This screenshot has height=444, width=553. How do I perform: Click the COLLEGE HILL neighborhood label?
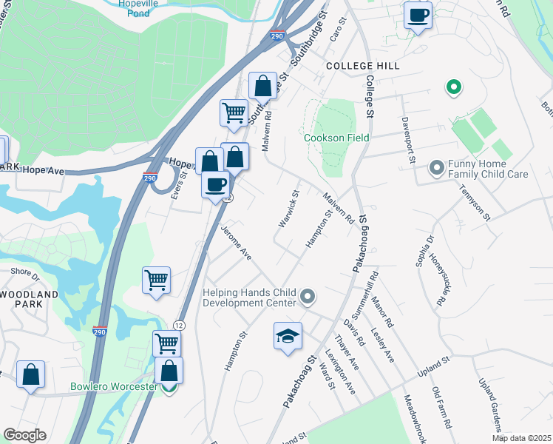pyautogui.click(x=363, y=66)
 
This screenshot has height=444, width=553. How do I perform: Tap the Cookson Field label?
pyautogui.click(x=336, y=138)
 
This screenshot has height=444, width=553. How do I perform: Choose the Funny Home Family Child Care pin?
pyautogui.click(x=436, y=169)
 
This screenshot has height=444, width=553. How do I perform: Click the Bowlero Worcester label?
pyautogui.click(x=114, y=387)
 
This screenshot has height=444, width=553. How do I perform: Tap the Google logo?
pyautogui.click(x=24, y=435)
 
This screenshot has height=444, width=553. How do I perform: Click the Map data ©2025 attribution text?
pyautogui.click(x=521, y=438)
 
